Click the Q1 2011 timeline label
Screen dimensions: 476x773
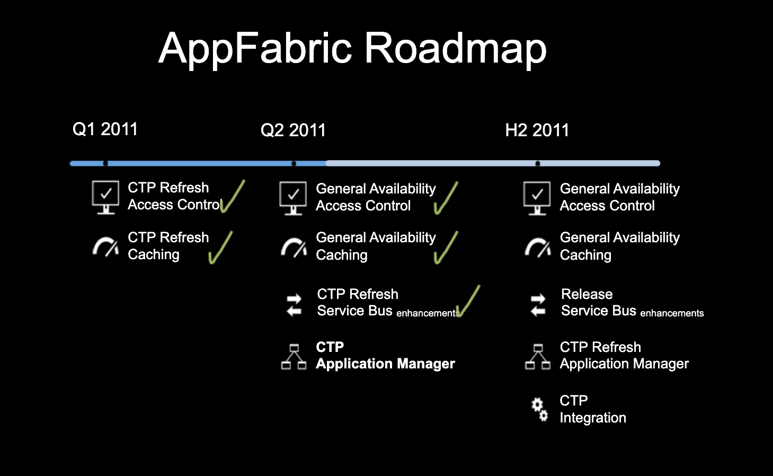[x=105, y=129]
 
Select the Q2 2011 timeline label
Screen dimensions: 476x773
[x=293, y=130]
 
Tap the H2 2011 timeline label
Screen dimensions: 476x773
[x=537, y=130]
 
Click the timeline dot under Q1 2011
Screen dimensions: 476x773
[x=105, y=163]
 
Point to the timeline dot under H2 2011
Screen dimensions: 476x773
[x=538, y=163]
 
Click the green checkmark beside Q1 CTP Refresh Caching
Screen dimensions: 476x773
[x=221, y=248]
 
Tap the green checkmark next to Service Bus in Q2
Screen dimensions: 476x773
[x=468, y=301]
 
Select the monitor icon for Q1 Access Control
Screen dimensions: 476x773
[x=105, y=197]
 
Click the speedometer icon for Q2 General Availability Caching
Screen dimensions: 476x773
[x=294, y=247]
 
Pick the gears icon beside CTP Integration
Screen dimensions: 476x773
[x=539, y=409]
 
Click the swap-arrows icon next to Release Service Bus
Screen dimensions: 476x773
[x=538, y=304]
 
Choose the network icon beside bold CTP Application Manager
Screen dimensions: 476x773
[x=294, y=356]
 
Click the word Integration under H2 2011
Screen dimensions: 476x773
[x=593, y=418]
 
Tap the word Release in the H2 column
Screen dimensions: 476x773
[x=587, y=294]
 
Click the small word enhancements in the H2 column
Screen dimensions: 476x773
[x=672, y=313]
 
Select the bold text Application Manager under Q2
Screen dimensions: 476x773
[x=385, y=364]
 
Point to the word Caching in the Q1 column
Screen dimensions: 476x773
[x=154, y=254]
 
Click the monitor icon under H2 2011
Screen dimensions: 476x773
[x=537, y=198]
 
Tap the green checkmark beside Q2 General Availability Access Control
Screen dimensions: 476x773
[x=446, y=198]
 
